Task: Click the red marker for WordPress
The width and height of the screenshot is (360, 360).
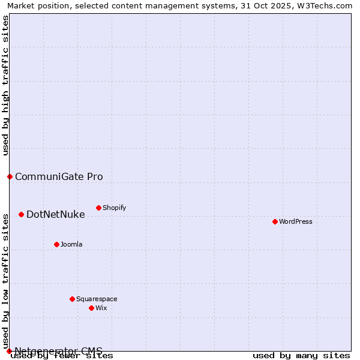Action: point(275,221)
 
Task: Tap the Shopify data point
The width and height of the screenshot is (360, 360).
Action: point(98,208)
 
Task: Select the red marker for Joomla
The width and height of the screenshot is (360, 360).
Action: point(56,244)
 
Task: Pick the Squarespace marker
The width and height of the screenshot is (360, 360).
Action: point(72,299)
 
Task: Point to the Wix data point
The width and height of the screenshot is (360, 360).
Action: point(91,308)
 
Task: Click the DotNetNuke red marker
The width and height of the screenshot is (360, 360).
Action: point(21,214)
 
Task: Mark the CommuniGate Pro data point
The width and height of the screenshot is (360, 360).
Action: point(10,176)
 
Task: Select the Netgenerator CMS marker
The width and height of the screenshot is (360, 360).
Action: point(9,351)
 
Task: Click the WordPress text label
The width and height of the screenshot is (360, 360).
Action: point(296,221)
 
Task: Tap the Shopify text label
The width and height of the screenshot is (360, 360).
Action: point(114,208)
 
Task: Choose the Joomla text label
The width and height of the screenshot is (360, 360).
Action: point(71,244)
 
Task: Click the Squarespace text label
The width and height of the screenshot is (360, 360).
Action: point(97,299)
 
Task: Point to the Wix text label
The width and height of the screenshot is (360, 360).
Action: point(101,308)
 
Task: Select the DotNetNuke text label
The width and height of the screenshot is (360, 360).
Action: point(56,214)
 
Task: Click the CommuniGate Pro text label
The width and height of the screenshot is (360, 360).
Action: point(59,176)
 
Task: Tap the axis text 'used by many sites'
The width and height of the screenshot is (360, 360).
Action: point(301,355)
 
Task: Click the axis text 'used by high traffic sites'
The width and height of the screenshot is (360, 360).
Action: point(5,85)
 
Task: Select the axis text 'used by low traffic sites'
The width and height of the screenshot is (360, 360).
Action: point(5,281)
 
